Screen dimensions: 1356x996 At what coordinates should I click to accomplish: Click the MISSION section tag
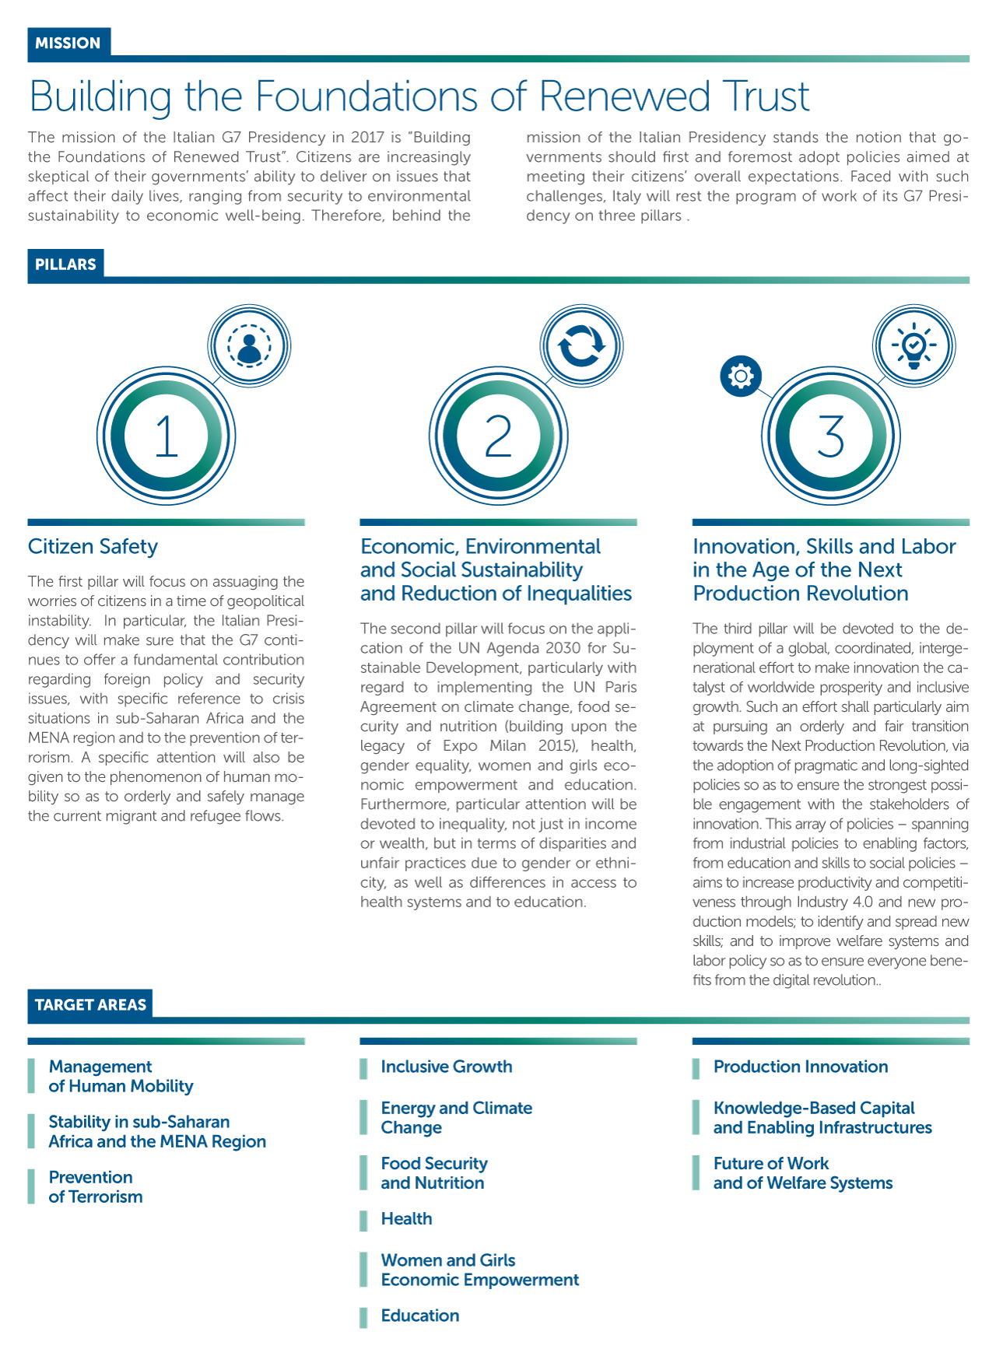(x=68, y=44)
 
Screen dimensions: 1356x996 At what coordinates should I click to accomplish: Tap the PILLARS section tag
(x=65, y=265)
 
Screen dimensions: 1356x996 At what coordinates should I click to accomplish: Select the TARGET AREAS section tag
(x=90, y=1004)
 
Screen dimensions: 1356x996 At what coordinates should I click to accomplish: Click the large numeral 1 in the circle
(x=166, y=436)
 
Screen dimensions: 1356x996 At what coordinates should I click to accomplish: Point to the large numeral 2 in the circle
(x=498, y=436)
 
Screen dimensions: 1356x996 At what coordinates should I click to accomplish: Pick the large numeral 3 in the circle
(x=830, y=436)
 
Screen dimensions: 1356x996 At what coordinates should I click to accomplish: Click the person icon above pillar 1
(x=249, y=345)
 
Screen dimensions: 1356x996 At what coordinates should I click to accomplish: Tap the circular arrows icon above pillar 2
(x=581, y=345)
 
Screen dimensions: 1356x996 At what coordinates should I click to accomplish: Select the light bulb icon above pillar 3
(x=914, y=345)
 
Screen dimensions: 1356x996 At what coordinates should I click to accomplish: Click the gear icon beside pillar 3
(x=741, y=377)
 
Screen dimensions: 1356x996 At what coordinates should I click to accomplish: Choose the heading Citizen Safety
(x=93, y=547)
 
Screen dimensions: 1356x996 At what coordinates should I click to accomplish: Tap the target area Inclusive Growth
(x=447, y=1067)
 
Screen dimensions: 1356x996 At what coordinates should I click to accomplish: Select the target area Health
(x=406, y=1219)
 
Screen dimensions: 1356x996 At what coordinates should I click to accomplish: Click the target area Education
(x=420, y=1316)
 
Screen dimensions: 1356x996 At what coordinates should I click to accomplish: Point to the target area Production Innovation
(x=801, y=1067)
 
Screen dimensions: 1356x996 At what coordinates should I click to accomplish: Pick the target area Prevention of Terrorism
(x=96, y=1187)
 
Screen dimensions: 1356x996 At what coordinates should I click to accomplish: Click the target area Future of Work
(x=802, y=1173)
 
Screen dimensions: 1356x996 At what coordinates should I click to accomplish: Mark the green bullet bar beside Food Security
(x=363, y=1173)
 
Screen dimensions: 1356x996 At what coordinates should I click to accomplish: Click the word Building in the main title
(x=100, y=96)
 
